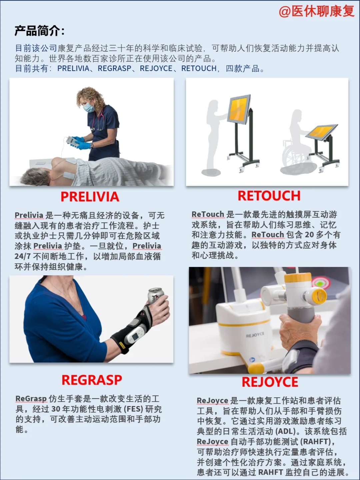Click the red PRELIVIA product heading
(x=90, y=197)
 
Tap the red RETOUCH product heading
(x=269, y=196)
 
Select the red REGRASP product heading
(x=92, y=380)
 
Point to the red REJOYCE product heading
(x=270, y=382)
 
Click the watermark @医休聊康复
(x=316, y=11)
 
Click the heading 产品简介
(x=39, y=31)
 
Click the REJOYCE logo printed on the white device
(x=255, y=335)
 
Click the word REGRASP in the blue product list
(x=114, y=69)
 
